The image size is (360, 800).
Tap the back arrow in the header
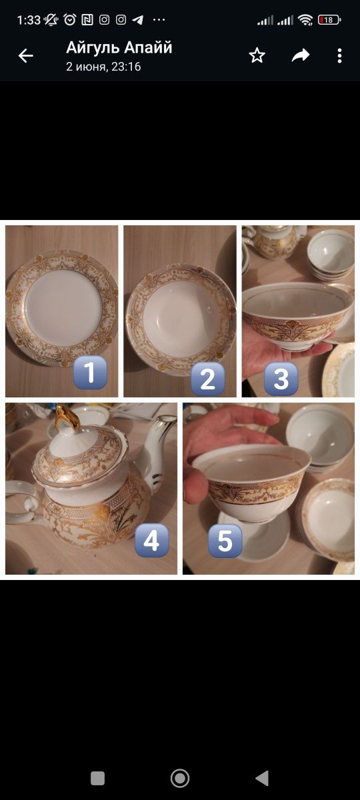pos(26,56)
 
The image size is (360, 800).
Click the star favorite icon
pos(257,56)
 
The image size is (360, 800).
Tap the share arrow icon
pos(301,55)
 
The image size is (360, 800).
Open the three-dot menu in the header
pos(339,56)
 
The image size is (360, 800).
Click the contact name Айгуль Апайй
pos(119,47)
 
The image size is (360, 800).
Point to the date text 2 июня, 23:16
pos(103,67)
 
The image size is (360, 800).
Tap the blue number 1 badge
pos(90,372)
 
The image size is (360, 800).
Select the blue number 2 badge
pos(208,379)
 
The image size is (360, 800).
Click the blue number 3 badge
pos(281,379)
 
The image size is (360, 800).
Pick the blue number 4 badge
pos(151,541)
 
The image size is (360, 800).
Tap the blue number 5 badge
pos(225,541)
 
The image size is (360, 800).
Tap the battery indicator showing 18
pos(329,20)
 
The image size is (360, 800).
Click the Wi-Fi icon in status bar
pos(305,20)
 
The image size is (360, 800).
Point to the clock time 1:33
pos(29,20)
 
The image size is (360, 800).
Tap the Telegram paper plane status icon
pos(138,20)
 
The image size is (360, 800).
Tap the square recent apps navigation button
pos(97,778)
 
